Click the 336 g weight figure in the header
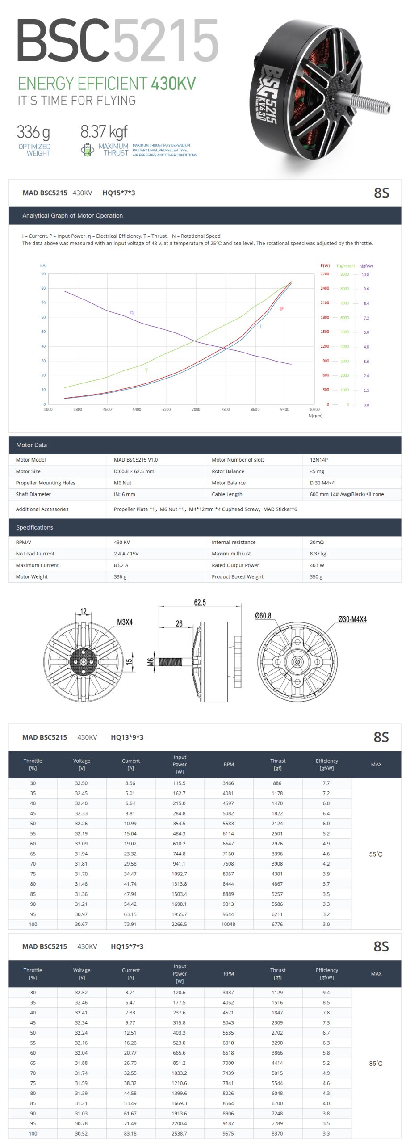point(33,132)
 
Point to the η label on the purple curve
point(132,312)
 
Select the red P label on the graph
point(282,309)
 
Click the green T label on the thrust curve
point(146,370)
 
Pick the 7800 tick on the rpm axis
point(226,409)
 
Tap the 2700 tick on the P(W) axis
point(325,274)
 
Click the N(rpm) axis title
point(315,416)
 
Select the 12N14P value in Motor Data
point(319,460)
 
